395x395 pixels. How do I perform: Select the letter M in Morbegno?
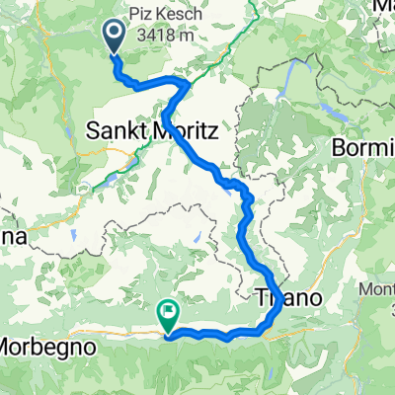pos(9,348)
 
